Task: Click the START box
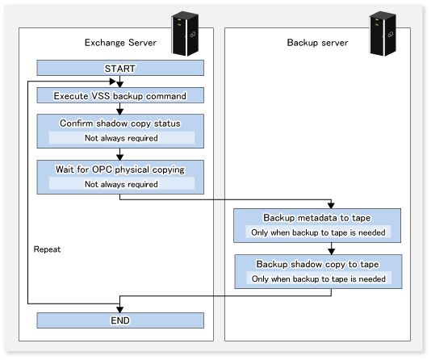[x=120, y=68]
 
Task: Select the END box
[x=120, y=320]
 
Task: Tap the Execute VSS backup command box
[x=120, y=95]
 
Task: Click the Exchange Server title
[x=120, y=43]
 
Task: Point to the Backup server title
[x=317, y=43]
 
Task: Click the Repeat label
[x=47, y=249]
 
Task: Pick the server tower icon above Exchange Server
[x=185, y=34]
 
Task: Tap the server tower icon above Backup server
[x=383, y=34]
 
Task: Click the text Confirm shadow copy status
[x=120, y=123]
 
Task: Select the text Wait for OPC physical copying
[x=120, y=170]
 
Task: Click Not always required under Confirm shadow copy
[x=121, y=138]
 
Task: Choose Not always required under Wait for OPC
[x=121, y=184]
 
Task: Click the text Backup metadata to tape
[x=317, y=218]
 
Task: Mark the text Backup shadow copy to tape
[x=317, y=264]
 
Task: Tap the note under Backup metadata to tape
[x=318, y=232]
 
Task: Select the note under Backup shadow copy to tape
[x=319, y=279]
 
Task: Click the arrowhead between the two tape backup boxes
[x=332, y=251]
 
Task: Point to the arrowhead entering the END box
[x=119, y=309]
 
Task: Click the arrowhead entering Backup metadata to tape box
[x=331, y=205]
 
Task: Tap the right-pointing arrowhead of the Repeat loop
[x=113, y=82]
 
